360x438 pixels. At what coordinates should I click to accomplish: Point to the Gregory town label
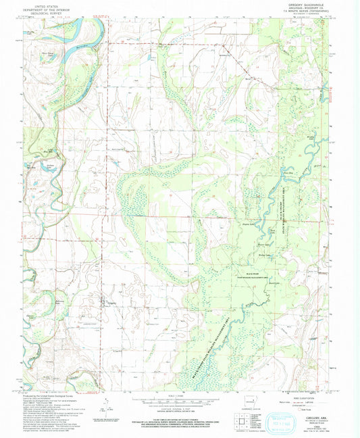(x=109, y=302)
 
